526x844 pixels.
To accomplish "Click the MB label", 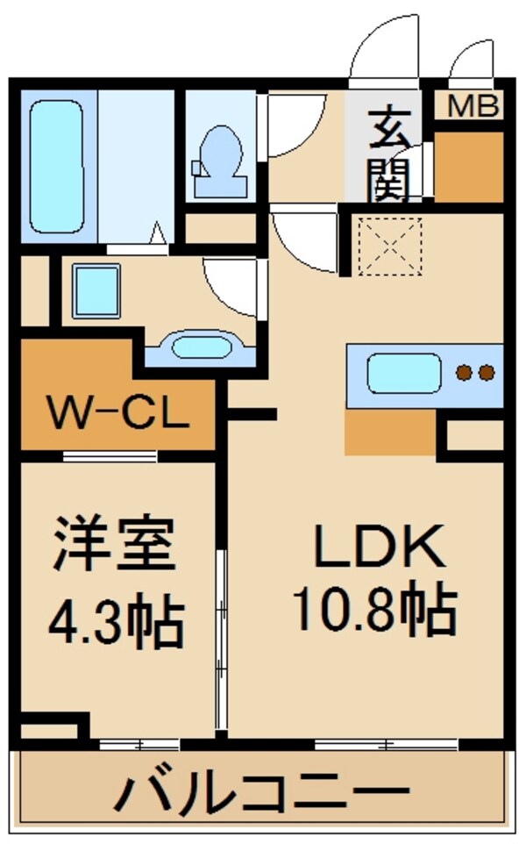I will [473, 108].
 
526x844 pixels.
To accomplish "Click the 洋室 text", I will [114, 545].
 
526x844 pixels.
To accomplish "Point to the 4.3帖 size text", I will [114, 621].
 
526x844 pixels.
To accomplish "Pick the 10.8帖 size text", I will [374, 611].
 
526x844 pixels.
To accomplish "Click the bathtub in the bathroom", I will [57, 164].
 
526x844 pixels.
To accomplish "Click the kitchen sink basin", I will [403, 374].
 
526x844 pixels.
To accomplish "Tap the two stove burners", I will [475, 373].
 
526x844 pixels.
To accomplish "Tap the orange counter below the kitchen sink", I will [390, 431].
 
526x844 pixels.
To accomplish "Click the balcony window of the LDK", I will [386, 744].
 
